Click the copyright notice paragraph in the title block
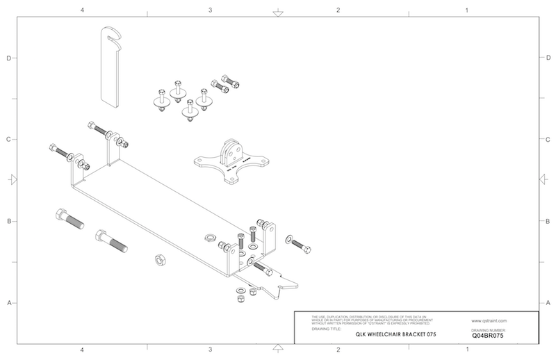pos(366,320)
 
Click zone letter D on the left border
pos(8,58)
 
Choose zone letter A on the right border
pos(548,303)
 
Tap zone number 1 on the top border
pos(466,10)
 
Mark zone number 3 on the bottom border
pos(210,349)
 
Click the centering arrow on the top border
pos(277,13)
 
